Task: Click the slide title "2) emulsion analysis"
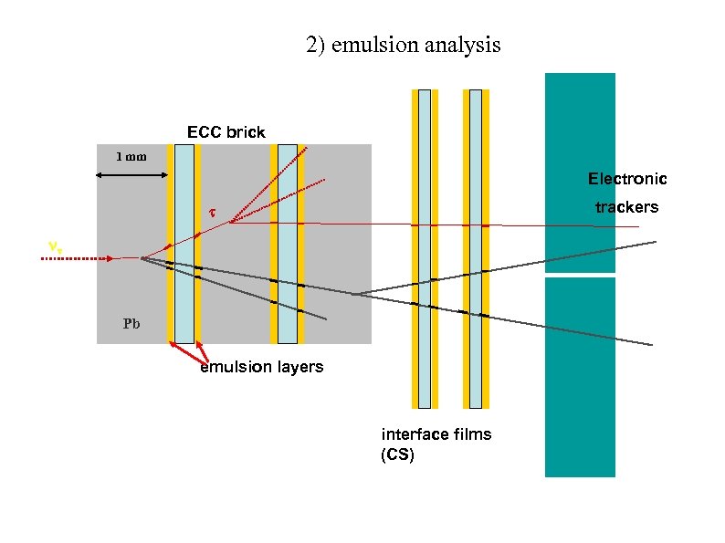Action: click(403, 45)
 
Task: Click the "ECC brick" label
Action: click(226, 132)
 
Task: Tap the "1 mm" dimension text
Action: click(131, 156)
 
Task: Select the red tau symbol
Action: click(211, 214)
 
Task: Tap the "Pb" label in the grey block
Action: click(131, 323)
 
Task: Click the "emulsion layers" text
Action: click(261, 367)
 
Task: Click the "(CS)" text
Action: click(397, 454)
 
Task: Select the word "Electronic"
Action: click(626, 179)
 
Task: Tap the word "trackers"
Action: click(626, 207)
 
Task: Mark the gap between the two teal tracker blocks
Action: click(580, 275)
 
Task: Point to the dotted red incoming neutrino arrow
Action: click(78, 259)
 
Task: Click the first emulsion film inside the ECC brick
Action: click(184, 243)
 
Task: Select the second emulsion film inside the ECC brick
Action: click(288, 243)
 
